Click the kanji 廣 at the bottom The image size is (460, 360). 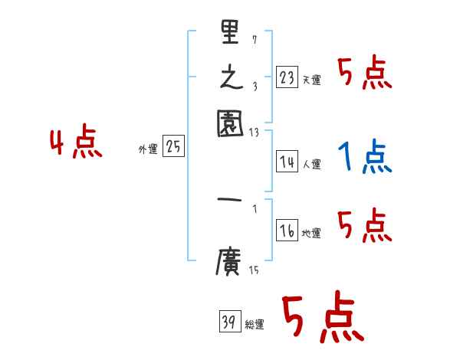(x=228, y=263)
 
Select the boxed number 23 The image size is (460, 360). (x=287, y=77)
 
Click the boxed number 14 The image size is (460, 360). (x=287, y=162)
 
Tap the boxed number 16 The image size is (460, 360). (x=287, y=231)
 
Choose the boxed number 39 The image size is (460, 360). (x=229, y=323)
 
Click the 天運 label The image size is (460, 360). (x=311, y=80)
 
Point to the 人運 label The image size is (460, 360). (x=311, y=164)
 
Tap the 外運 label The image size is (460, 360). (x=147, y=150)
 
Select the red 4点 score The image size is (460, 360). (x=76, y=144)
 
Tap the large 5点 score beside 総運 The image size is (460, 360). (x=323, y=319)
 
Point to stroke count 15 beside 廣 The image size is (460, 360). (x=253, y=270)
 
